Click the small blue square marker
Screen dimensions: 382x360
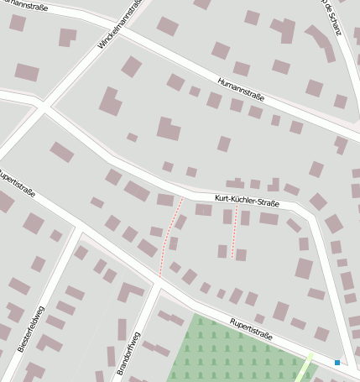tap(337, 363)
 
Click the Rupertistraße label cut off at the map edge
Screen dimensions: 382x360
tap(16, 184)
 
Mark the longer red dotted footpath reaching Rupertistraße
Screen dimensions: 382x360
tap(170, 237)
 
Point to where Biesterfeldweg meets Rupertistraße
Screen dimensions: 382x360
tap(82, 229)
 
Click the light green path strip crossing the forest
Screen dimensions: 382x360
tap(303, 369)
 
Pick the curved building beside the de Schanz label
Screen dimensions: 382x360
tap(321, 42)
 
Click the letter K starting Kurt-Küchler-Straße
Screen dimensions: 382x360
tap(217, 197)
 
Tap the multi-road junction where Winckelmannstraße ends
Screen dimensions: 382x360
tap(42, 105)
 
